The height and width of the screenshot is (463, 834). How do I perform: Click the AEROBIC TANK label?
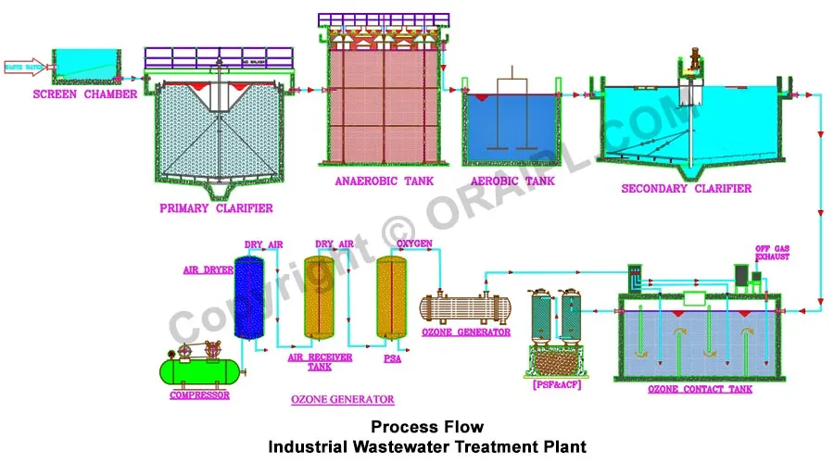click(512, 181)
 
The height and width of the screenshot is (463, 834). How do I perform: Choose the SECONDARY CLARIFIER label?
click(687, 189)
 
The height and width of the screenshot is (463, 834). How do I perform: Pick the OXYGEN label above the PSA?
click(414, 244)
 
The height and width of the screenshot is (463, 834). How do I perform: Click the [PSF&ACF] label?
click(557, 383)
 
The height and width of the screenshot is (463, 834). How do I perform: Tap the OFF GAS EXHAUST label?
click(771, 252)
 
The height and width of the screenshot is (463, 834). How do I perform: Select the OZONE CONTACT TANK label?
click(701, 389)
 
